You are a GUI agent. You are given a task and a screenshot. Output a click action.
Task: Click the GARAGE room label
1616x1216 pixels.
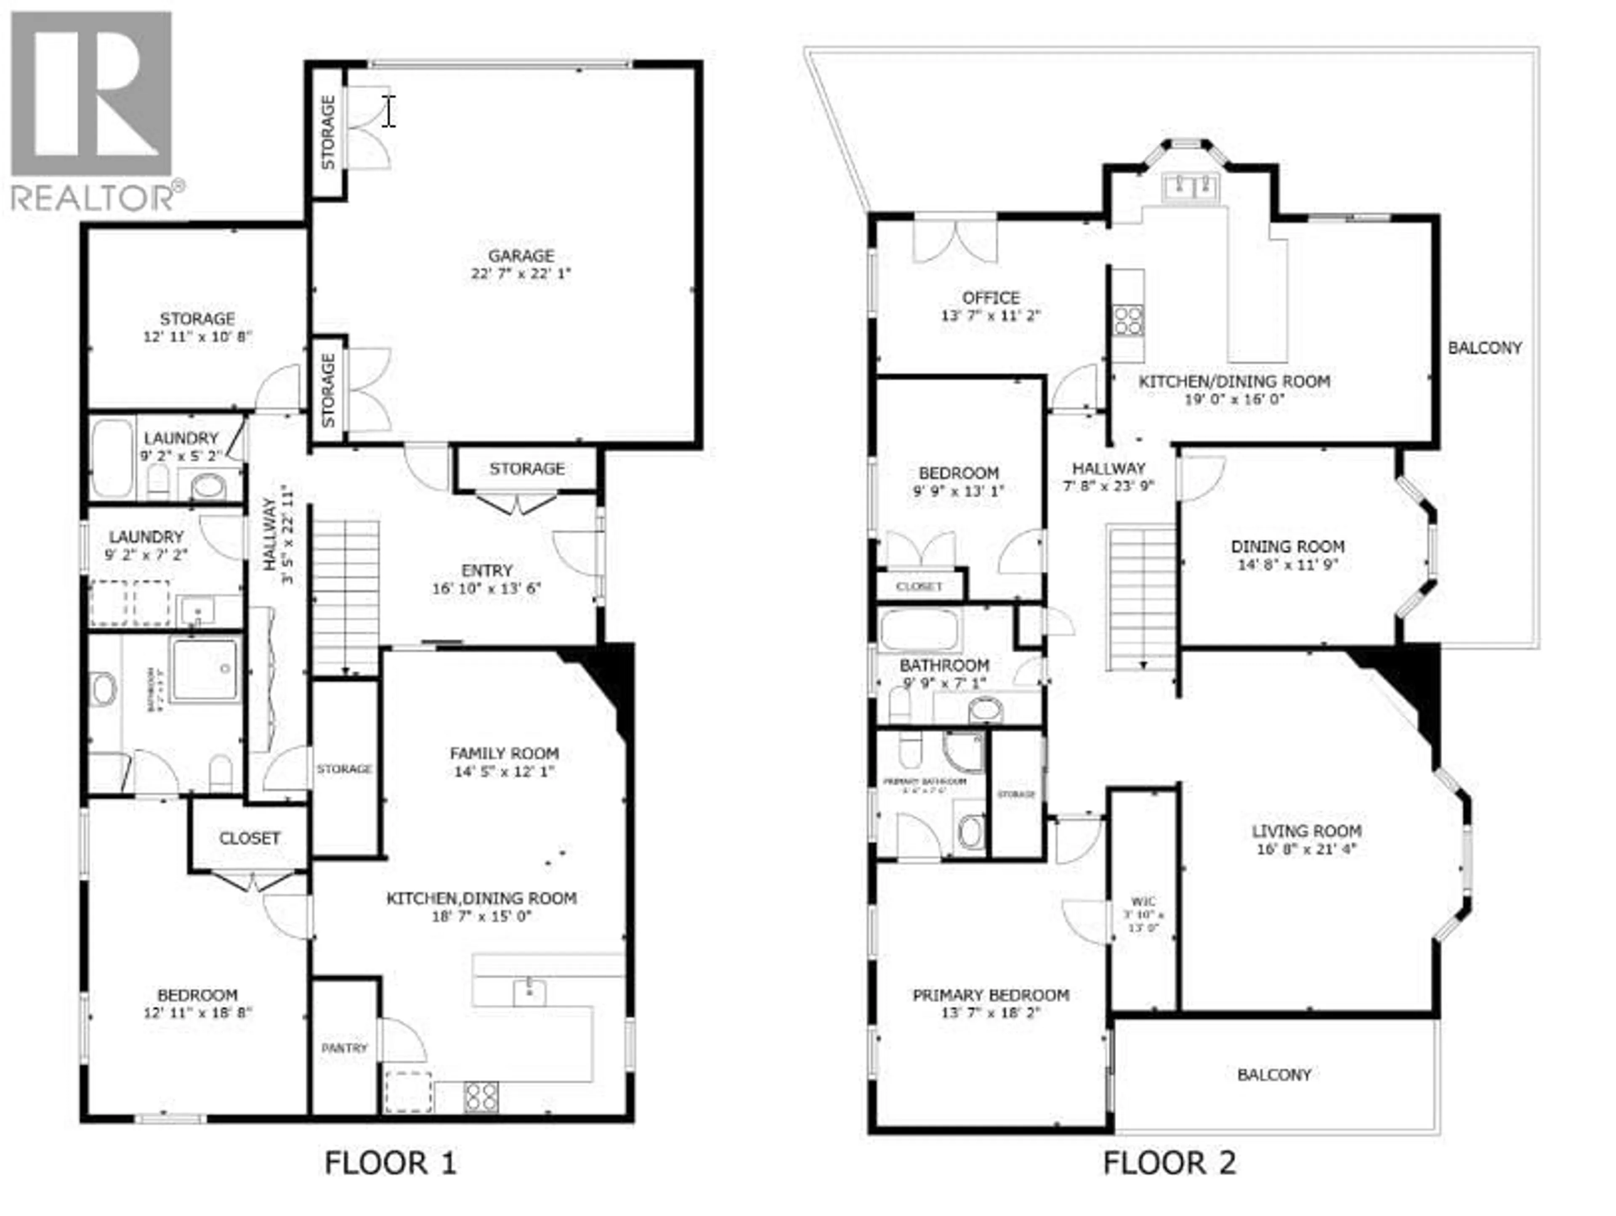point(521,256)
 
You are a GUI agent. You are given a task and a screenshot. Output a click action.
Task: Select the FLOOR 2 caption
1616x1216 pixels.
point(1169,1163)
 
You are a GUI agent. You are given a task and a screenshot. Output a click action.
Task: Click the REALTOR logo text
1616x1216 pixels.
point(93,198)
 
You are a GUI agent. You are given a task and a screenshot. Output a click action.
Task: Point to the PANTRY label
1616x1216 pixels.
point(344,1048)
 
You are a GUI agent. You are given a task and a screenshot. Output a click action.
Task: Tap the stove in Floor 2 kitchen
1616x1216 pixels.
point(1128,321)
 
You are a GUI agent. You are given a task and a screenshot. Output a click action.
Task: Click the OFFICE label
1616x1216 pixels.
point(991,298)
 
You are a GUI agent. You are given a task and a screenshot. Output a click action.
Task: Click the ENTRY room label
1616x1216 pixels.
point(486,570)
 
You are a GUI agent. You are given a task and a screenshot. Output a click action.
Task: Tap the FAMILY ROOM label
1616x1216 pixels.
point(504,753)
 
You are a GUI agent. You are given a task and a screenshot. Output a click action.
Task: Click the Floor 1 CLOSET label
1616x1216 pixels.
point(249,838)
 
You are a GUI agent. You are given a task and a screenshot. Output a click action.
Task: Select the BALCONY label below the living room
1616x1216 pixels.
point(1274,1074)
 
